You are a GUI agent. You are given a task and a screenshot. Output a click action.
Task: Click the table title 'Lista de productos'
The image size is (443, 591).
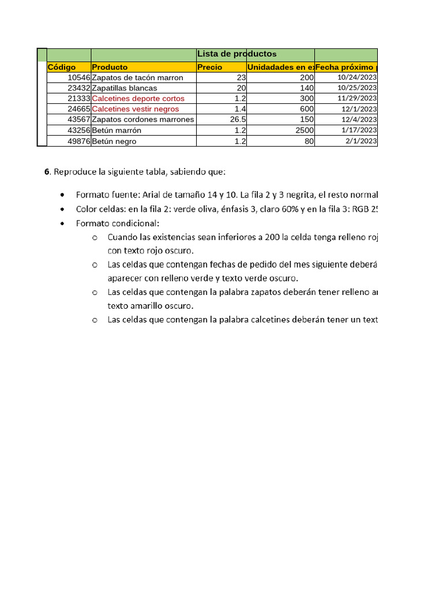pyautogui.click(x=237, y=54)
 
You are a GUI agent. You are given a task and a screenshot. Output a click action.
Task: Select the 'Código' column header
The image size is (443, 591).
pyautogui.click(x=62, y=67)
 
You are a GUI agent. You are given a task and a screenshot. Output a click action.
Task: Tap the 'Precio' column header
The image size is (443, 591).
pyautogui.click(x=210, y=67)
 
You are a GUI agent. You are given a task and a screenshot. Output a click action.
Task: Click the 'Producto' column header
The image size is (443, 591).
pyautogui.click(x=110, y=67)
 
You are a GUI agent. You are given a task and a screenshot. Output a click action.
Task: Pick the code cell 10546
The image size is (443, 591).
pyautogui.click(x=78, y=77)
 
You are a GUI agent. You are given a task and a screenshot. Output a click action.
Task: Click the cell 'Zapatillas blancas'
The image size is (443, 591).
pyautogui.click(x=125, y=88)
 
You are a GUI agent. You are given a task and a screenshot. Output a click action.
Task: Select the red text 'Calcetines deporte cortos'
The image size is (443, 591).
pyautogui.click(x=138, y=98)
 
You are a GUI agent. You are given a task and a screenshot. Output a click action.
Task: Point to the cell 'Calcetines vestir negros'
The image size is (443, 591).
pyautogui.click(x=136, y=109)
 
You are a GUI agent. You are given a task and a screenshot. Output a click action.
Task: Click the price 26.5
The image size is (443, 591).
pyautogui.click(x=238, y=119)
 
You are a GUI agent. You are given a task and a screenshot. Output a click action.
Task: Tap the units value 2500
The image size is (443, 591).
pyautogui.click(x=304, y=130)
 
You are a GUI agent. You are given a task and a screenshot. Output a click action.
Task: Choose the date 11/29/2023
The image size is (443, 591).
pyautogui.click(x=358, y=98)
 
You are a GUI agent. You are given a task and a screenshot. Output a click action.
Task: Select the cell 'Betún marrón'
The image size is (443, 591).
pyautogui.click(x=117, y=130)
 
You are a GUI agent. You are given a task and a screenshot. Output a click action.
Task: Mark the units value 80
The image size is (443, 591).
pyautogui.click(x=309, y=141)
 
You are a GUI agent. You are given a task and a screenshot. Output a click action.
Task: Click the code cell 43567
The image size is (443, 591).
pyautogui.click(x=78, y=119)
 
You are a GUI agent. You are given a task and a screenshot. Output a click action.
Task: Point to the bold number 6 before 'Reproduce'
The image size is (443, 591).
pyautogui.click(x=47, y=172)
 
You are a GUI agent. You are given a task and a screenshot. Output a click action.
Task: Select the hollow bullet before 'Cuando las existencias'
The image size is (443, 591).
pyautogui.click(x=95, y=237)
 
